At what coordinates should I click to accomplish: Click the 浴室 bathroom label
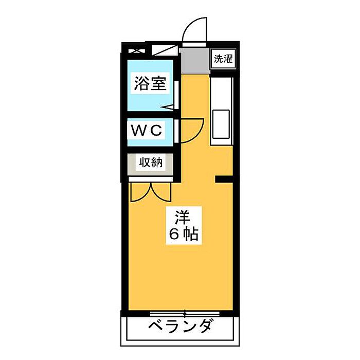tap(150, 84)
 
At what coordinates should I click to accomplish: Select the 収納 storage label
tap(150, 163)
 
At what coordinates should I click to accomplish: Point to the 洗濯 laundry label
tap(223, 58)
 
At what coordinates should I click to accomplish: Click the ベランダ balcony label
tap(181, 327)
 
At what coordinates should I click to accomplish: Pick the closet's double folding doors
tap(150, 192)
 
